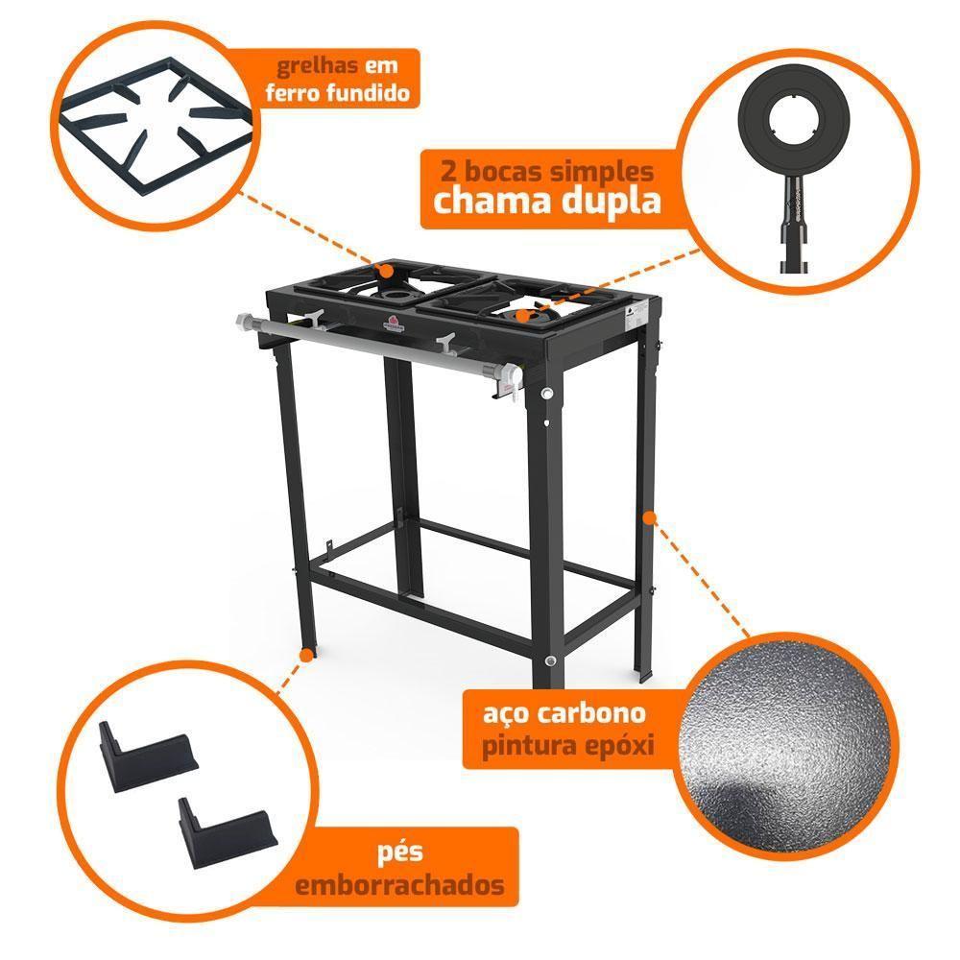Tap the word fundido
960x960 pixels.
368,93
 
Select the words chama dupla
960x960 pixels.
547,201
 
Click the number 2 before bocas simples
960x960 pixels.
448,171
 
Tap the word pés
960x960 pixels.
400,853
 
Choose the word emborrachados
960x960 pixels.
400,885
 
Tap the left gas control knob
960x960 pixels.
312,319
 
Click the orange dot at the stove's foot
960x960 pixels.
306,656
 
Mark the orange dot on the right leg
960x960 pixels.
650,518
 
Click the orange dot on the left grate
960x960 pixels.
386,270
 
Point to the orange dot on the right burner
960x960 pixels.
521,315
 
